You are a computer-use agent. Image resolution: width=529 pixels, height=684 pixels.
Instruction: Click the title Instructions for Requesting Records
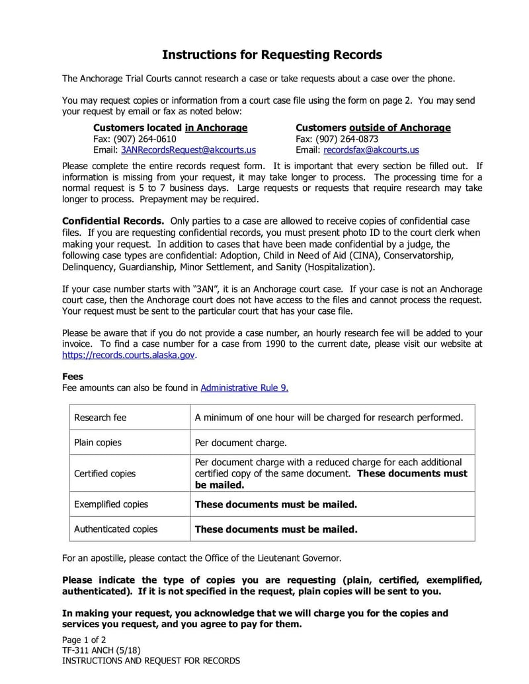272,54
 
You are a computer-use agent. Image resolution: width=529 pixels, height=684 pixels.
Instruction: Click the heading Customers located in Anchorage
170,128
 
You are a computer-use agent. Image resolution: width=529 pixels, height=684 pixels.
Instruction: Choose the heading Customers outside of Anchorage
373,128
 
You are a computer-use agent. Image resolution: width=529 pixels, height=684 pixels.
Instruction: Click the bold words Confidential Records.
113,221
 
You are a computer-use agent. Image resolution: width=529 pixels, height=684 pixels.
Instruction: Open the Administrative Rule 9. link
244,388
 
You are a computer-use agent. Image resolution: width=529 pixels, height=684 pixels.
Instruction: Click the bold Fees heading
73,377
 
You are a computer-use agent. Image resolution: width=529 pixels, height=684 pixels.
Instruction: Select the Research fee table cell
100,418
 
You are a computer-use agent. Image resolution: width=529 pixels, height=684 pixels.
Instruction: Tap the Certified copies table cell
104,474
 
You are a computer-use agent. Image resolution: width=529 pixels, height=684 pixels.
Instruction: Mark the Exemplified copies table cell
111,504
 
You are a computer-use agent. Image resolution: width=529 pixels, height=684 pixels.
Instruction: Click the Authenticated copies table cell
116,529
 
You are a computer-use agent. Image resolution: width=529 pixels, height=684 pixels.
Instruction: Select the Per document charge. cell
241,443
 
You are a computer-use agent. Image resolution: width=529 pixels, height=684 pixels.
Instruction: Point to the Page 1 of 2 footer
84,640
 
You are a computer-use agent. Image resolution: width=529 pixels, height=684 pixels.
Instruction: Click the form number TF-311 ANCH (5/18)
101,650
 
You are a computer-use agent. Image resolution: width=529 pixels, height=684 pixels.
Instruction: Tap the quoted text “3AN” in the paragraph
204,289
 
